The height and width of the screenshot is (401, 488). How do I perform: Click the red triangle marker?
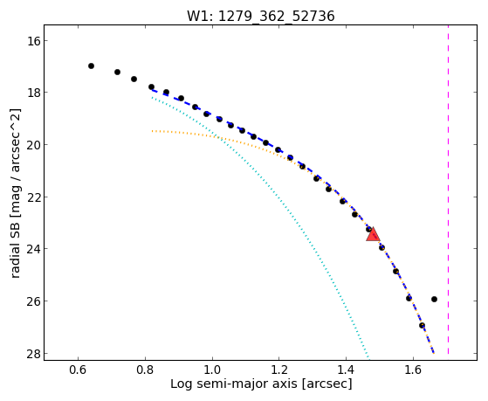pos(373,235)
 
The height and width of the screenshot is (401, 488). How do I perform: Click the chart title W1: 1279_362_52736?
pos(260,16)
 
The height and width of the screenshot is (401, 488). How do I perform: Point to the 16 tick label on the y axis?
pos(33,41)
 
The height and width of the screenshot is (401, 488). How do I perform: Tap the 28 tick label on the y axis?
pos(33,353)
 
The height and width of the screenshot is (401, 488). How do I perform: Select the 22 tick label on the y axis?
pos(33,197)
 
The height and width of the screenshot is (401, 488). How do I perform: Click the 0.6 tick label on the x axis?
pos(78,370)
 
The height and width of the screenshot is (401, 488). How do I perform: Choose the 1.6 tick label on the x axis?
pos(413,370)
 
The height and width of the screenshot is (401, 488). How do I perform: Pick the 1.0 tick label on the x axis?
pos(212,370)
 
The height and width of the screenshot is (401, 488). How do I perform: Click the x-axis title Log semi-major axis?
pos(234,384)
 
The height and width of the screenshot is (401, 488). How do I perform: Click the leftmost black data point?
pos(91,66)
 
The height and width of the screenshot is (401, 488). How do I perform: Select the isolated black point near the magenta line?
pos(434,299)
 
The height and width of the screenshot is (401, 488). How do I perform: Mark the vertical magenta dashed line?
pos(448,190)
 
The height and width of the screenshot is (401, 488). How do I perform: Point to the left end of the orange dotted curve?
pos(152,131)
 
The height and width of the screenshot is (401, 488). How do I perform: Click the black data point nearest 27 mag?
pos(422,325)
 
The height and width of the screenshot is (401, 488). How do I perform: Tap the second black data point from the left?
pos(117,72)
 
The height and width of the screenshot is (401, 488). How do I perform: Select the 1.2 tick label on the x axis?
pos(278,370)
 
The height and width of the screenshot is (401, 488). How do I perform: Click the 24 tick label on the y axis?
pos(33,249)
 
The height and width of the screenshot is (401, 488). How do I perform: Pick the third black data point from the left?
pos(134,79)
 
